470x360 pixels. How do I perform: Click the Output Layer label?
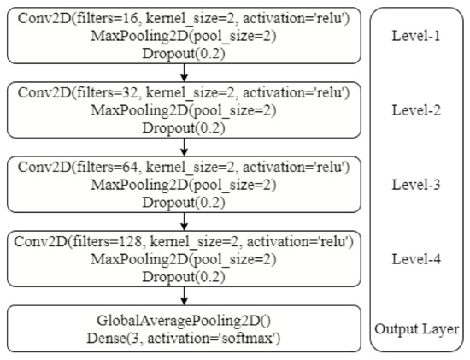pyautogui.click(x=418, y=329)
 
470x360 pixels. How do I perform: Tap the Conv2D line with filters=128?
pyautogui.click(x=185, y=239)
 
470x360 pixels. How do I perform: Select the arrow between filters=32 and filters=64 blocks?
pyautogui.click(x=185, y=146)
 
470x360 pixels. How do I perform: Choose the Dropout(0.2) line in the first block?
pyautogui.click(x=185, y=54)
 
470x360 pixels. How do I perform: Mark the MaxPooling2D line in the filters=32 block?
pyautogui.click(x=185, y=110)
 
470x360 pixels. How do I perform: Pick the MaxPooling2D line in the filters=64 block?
pyautogui.click(x=185, y=184)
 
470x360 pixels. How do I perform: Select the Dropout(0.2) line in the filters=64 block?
pyautogui.click(x=185, y=201)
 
